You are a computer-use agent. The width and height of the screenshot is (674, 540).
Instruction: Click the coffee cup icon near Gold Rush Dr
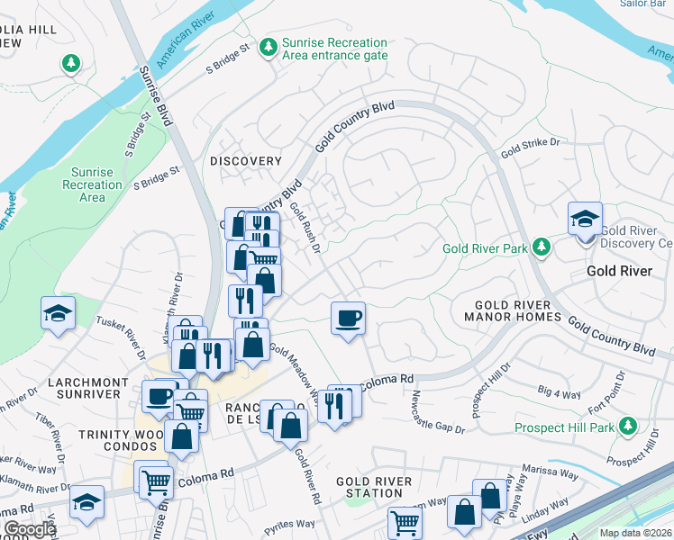[348, 318]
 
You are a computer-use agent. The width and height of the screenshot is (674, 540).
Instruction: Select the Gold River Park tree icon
[541, 247]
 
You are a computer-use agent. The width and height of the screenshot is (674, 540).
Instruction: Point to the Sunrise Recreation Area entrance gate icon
[268, 47]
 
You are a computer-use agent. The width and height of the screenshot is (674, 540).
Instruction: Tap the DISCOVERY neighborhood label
[246, 161]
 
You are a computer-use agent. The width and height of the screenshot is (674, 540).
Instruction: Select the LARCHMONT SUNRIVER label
[87, 388]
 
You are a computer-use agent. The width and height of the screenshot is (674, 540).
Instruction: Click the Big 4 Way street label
[559, 391]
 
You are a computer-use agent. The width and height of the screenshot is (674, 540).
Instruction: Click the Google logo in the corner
[30, 529]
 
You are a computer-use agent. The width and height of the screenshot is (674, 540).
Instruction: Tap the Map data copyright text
[636, 533]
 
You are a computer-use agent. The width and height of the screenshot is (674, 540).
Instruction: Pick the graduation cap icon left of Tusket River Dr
[58, 314]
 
